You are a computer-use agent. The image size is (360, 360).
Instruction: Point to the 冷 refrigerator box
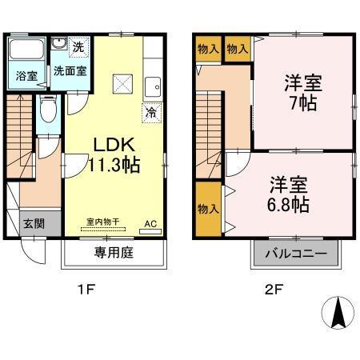tap(150, 112)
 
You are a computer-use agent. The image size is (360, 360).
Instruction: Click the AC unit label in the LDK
tap(150, 225)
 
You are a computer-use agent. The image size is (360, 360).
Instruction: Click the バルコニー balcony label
tap(295, 254)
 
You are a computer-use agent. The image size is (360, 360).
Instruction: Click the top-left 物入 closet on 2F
tap(206, 50)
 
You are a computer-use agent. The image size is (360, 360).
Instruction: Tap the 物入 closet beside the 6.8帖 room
tap(206, 209)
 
